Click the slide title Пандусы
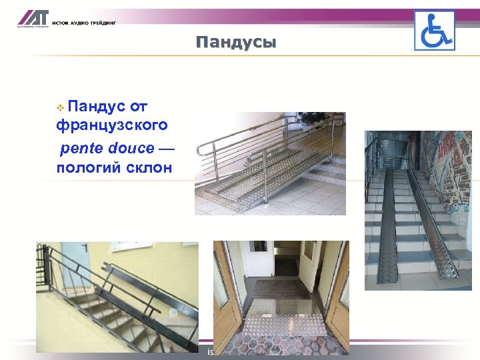(x=236, y=43)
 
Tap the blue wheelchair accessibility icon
(x=434, y=30)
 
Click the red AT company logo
(x=30, y=19)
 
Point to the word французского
(x=111, y=125)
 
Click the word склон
(x=147, y=167)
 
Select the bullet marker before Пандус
(x=60, y=107)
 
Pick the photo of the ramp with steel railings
(x=269, y=163)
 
